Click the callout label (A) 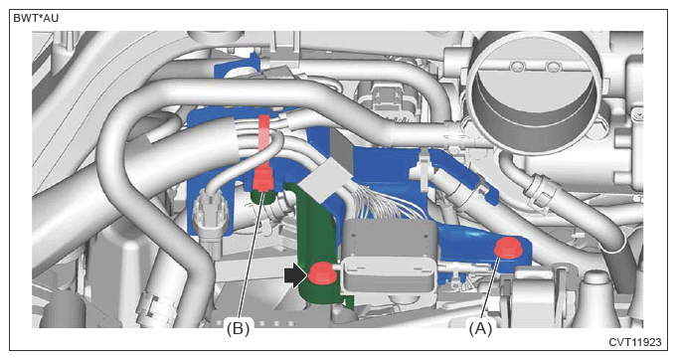click(x=480, y=329)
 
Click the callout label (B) click(x=239, y=329)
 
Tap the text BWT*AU click(x=36, y=19)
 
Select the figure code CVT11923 click(x=635, y=342)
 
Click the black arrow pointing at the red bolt click(x=295, y=275)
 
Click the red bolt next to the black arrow click(x=320, y=274)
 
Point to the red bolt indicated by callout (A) click(x=508, y=249)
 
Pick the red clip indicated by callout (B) click(x=263, y=179)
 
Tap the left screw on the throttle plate click(x=516, y=67)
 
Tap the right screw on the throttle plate click(x=552, y=67)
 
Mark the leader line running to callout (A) click(x=490, y=290)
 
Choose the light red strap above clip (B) click(x=263, y=140)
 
